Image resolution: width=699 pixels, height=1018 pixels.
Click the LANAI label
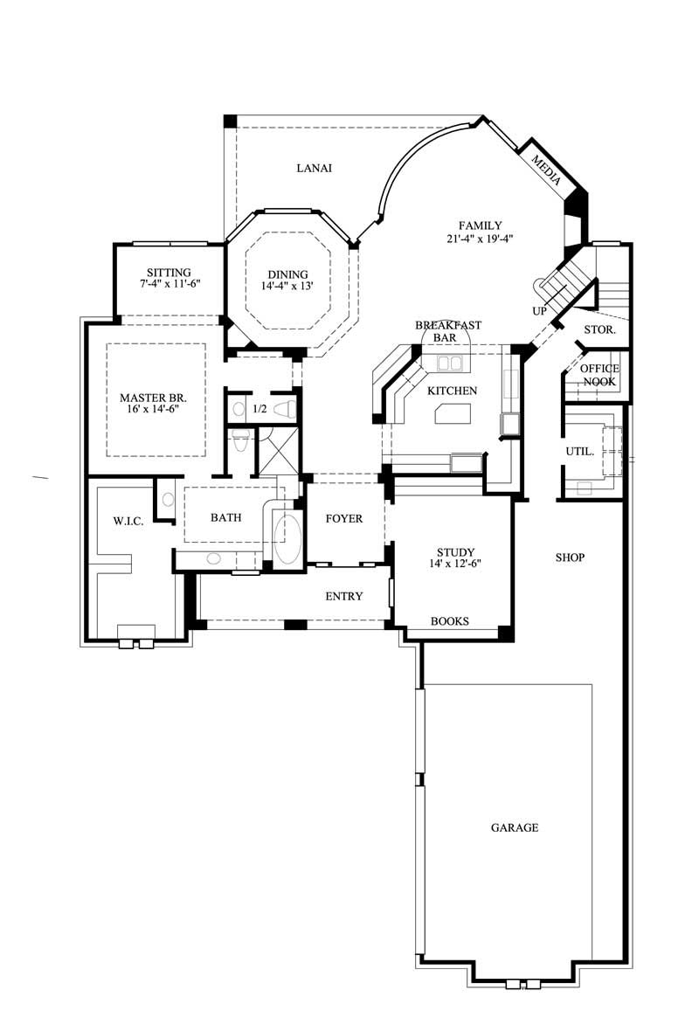pyautogui.click(x=314, y=168)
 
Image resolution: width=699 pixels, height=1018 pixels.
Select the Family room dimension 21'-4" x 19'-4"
pyautogui.click(x=477, y=237)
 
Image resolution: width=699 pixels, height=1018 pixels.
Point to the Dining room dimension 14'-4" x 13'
pyautogui.click(x=287, y=286)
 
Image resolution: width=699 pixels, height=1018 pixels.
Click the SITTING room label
pyautogui.click(x=169, y=273)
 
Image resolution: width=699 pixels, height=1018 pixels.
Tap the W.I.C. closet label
pyautogui.click(x=128, y=522)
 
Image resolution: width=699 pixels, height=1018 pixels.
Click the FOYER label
pyautogui.click(x=344, y=518)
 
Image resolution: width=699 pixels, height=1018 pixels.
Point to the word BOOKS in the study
pyautogui.click(x=450, y=621)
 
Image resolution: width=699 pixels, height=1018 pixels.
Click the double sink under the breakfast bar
pyautogui.click(x=450, y=363)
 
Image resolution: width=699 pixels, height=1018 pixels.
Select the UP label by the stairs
pyautogui.click(x=539, y=310)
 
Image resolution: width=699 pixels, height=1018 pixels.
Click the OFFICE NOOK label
pyautogui.click(x=599, y=375)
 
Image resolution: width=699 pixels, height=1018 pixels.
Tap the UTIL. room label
pyautogui.click(x=580, y=452)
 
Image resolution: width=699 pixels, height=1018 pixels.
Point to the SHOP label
pyautogui.click(x=570, y=557)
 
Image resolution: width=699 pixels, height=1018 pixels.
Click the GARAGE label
pyautogui.click(x=514, y=827)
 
